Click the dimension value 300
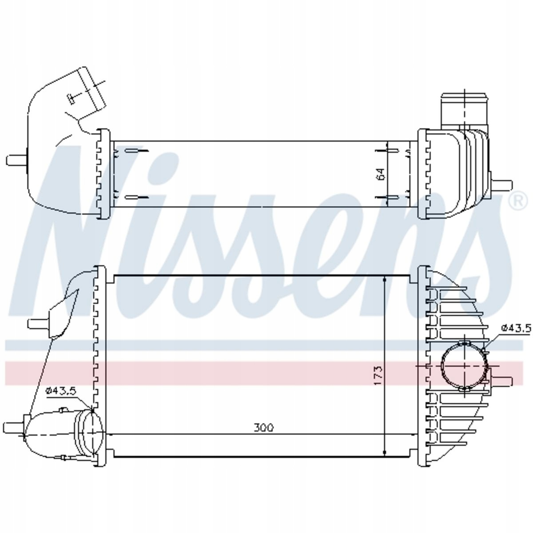(x=263, y=435)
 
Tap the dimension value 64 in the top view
(x=381, y=174)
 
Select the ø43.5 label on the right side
(x=516, y=328)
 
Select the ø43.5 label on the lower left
(x=61, y=391)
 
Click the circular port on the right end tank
(x=465, y=366)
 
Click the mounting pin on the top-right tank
(x=501, y=184)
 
